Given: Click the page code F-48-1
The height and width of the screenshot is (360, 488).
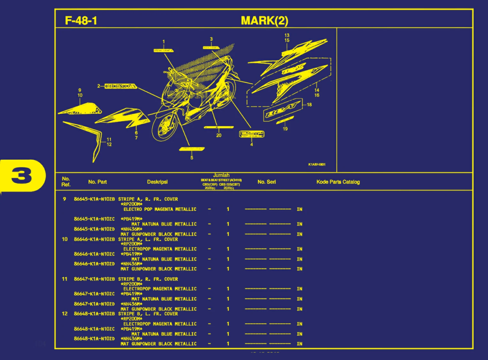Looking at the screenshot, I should [81, 21].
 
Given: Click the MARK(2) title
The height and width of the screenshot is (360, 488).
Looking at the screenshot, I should [264, 21].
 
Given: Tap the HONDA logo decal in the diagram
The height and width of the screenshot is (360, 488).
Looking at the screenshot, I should [121, 86].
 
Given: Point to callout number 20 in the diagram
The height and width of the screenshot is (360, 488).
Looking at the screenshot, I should [219, 135].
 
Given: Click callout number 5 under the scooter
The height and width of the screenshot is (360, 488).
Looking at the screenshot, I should [192, 158].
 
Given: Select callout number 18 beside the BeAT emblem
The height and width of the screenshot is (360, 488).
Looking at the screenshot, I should [309, 104].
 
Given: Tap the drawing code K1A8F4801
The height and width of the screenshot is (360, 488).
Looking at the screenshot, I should [317, 165].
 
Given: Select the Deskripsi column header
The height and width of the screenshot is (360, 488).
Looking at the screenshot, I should [157, 182].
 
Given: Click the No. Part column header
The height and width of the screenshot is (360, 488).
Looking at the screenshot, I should [97, 182].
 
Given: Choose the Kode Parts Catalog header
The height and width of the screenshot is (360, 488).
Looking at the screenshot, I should [338, 182].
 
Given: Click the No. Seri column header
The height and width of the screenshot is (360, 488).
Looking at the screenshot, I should [267, 182].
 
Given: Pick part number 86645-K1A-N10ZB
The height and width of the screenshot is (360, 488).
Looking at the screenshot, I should [94, 199].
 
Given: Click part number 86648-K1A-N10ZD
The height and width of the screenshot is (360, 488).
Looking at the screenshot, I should [94, 339].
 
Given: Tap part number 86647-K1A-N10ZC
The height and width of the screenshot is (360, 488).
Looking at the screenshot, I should [94, 294].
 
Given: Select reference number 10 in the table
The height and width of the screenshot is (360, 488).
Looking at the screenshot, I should [65, 239].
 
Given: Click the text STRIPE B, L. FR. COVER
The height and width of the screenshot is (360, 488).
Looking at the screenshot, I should [148, 314].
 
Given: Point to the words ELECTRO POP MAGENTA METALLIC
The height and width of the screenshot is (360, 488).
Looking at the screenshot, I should [160, 209].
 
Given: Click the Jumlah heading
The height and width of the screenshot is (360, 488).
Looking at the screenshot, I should [221, 175].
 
